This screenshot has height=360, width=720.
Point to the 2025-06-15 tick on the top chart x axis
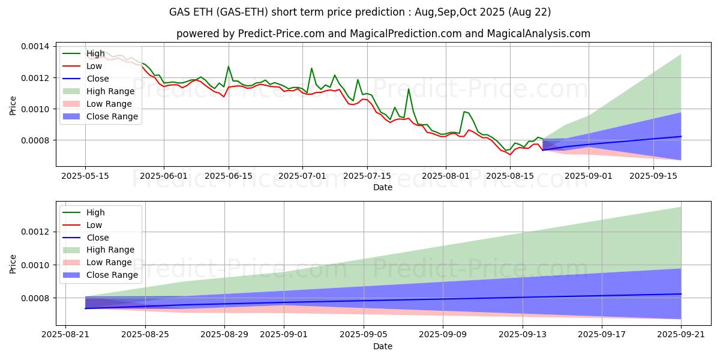click(x=228, y=176)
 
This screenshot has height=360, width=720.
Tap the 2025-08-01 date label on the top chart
click(x=445, y=176)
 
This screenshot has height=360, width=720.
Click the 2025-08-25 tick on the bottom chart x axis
click(x=145, y=335)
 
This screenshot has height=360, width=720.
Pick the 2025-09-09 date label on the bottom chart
click(x=443, y=335)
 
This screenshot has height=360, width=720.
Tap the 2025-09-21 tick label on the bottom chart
click(x=681, y=335)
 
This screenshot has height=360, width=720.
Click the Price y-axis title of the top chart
click(x=13, y=104)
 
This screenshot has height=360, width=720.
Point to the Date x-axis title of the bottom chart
click(x=383, y=346)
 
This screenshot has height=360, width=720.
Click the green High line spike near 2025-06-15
click(x=228, y=67)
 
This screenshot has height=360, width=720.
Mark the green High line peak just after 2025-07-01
click(x=311, y=68)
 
